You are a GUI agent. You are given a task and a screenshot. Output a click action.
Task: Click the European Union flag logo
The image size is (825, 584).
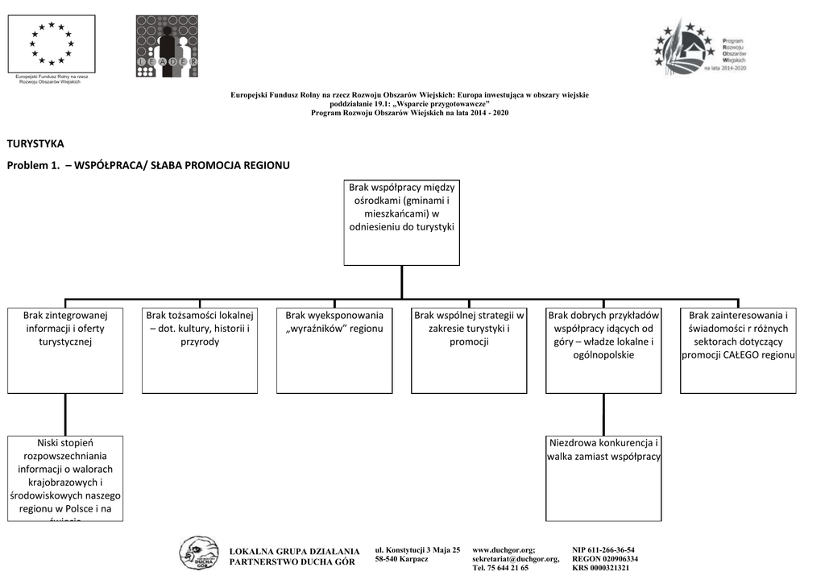(52, 43)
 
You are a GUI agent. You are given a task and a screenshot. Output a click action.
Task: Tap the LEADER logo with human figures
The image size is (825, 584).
(167, 46)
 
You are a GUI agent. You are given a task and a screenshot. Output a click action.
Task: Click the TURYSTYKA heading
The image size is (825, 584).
(35, 143)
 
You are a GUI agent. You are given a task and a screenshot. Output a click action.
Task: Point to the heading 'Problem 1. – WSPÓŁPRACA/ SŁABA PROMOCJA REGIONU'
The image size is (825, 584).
(148, 165)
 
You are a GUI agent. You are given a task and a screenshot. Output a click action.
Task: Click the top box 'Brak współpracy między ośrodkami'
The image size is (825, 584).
(401, 222)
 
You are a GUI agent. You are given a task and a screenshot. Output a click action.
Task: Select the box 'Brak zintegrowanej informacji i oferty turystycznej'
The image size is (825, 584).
(65, 350)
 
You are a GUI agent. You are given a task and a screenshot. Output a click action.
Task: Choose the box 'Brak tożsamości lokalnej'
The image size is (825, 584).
(200, 350)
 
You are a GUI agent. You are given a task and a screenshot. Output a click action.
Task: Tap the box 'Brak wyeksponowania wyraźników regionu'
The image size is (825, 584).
(334, 350)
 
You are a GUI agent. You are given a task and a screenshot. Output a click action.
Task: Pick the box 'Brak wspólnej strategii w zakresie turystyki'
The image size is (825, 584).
(469, 350)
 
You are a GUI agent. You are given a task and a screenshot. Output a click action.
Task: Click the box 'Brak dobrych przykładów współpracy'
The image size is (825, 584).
(603, 350)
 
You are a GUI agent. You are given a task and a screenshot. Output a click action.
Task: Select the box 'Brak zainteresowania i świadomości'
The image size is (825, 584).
(738, 350)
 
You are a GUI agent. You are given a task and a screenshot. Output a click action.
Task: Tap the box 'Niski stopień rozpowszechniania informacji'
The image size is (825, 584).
(65, 478)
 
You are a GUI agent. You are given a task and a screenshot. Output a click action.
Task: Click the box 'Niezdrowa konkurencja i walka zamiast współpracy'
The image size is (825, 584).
(603, 478)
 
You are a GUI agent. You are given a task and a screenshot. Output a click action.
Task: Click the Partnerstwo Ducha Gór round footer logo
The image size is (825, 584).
(198, 555)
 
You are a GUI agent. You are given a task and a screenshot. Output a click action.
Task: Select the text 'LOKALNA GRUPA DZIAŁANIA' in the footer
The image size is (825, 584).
(294, 551)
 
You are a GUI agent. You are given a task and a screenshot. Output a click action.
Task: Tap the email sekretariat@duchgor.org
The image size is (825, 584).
(516, 558)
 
